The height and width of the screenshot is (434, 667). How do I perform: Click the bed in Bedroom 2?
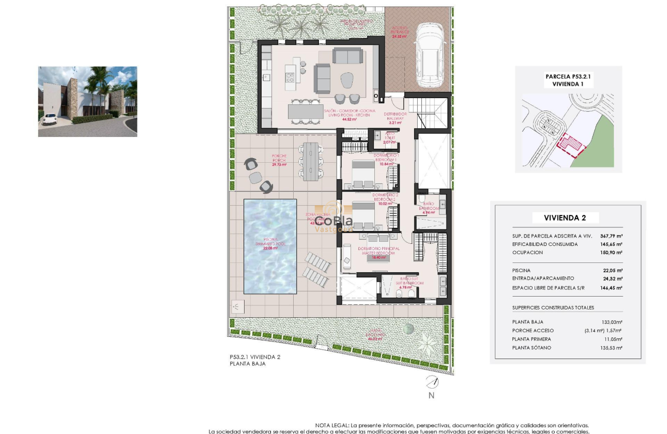[x=363, y=215]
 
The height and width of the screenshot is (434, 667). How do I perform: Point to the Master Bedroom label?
[x=379, y=251]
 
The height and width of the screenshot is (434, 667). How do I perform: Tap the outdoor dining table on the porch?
[x=310, y=162]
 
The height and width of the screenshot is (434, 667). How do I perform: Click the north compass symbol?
[x=431, y=383]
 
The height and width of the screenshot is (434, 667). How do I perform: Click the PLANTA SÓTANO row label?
[x=531, y=348]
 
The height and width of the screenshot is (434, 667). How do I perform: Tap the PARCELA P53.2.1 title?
[x=568, y=76]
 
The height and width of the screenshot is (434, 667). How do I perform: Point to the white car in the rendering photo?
[x=50, y=119]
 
